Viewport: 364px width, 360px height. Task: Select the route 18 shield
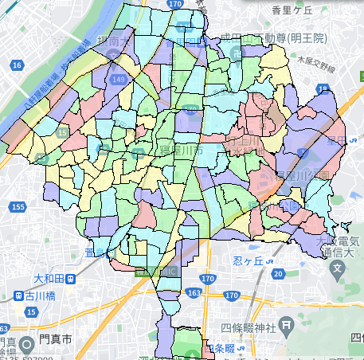coord(323,89)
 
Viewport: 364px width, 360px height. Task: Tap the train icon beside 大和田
coord(71,280)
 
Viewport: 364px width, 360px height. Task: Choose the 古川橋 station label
coord(37,295)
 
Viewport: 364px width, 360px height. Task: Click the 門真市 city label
coord(53,338)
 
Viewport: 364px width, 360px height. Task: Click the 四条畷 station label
coord(218,348)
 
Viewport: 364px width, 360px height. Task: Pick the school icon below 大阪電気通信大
coord(338,268)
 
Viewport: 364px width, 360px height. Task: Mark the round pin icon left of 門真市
coord(26,344)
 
